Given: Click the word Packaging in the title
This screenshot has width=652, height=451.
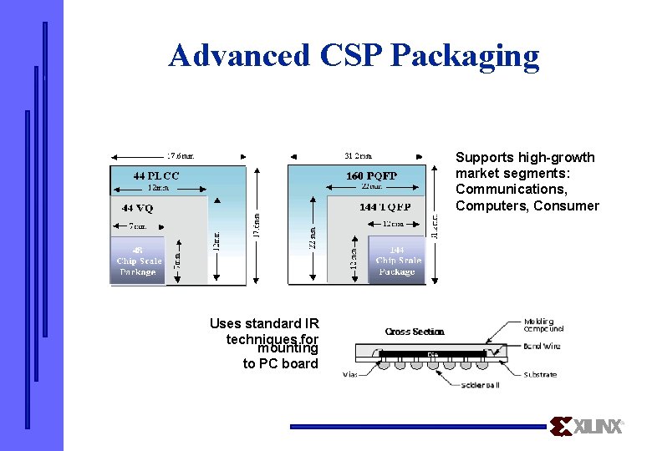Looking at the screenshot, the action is pos(465,57).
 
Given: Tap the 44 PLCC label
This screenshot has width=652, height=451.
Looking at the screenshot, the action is pos(156,175).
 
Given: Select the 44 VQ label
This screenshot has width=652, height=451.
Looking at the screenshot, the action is pos(140,207).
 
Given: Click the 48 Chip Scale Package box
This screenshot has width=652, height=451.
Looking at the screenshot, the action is pos(138,261).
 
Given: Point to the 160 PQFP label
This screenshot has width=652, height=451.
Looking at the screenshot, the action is pos(372,175).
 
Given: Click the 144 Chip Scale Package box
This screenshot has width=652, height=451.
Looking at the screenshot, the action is pos(396,261).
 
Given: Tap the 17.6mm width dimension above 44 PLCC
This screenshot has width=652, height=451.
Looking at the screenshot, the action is pos(180,155).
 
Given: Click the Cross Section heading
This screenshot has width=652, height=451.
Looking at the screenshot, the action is pos(415,332).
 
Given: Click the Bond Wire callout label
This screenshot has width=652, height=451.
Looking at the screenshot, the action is pos(542,346).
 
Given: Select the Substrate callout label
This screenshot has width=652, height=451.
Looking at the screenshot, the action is pos(541,375).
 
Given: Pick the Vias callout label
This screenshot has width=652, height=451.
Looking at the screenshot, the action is pos(351,375).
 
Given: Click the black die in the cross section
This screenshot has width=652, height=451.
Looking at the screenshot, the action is pos(432,354).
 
